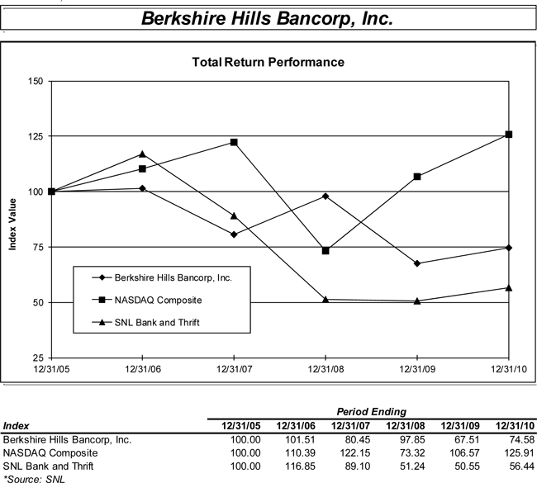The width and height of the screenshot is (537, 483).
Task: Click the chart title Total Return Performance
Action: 268,62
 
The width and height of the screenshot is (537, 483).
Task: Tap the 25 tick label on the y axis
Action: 37,358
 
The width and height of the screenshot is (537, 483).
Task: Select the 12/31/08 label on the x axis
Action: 326,369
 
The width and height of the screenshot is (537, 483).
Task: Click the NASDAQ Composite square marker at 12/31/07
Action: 234,142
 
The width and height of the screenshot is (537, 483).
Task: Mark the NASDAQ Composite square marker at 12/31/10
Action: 509,134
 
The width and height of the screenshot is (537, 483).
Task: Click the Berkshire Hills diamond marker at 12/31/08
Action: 326,196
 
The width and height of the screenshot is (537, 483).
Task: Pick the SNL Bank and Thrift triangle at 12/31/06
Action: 142,154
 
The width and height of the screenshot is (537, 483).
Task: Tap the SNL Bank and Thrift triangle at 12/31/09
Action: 417,301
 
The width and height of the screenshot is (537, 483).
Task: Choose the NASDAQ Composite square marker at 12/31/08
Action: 326,250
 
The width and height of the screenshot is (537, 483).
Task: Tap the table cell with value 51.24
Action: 410,465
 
